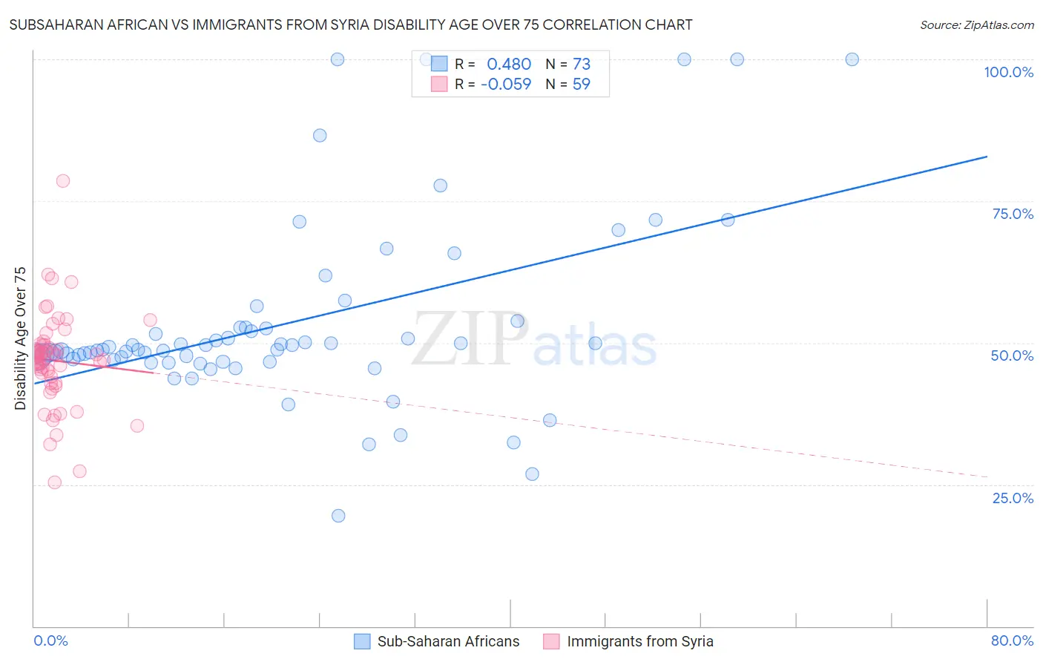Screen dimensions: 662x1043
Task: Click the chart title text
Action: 351,24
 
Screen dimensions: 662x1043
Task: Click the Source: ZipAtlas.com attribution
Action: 976,24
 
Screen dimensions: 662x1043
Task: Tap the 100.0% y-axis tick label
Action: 1008,72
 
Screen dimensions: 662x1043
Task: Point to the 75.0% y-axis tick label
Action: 1012,214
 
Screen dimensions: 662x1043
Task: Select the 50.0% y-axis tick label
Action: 1012,355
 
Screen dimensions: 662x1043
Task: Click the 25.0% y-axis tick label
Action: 1012,498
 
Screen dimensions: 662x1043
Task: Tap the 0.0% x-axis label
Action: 50,640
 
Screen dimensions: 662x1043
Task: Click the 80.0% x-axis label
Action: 1012,640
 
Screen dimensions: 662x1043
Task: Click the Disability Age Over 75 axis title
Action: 20,338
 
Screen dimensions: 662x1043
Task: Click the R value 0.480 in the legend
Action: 509,65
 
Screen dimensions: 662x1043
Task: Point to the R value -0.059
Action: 506,85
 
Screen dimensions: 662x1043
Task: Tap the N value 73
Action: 582,65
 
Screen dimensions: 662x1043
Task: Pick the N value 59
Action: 582,85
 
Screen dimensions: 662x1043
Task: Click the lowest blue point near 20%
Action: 338,516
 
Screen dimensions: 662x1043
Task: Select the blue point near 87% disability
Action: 320,135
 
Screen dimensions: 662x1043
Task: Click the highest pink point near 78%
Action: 63,181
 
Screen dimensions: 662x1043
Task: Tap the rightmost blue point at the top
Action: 852,59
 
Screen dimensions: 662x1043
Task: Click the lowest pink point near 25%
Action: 54,482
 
